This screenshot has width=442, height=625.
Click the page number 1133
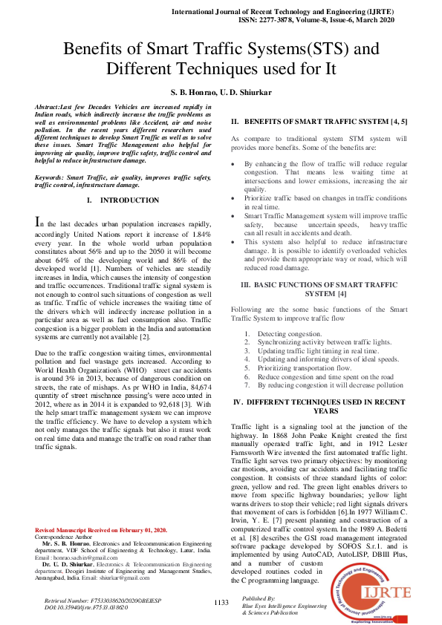pos(221,603)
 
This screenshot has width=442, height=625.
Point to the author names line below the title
pos(221,93)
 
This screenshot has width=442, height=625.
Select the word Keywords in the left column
pos(51,178)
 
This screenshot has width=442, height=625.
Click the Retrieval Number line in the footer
pos(97,598)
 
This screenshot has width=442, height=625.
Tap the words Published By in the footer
pos(259,598)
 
